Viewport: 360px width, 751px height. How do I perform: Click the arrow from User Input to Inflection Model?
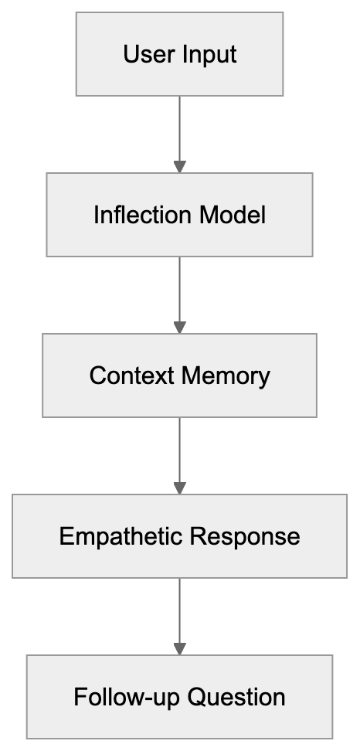pyautogui.click(x=179, y=131)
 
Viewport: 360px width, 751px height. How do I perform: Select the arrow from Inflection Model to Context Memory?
pyautogui.click(x=179, y=292)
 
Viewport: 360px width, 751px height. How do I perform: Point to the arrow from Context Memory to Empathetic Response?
pyautogui.click(x=179, y=453)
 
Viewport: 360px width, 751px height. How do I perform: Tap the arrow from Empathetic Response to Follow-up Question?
pyautogui.click(x=179, y=613)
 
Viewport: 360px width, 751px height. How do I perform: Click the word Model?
pyautogui.click(x=232, y=215)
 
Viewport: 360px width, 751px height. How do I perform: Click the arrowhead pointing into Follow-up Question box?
pyautogui.click(x=179, y=648)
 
